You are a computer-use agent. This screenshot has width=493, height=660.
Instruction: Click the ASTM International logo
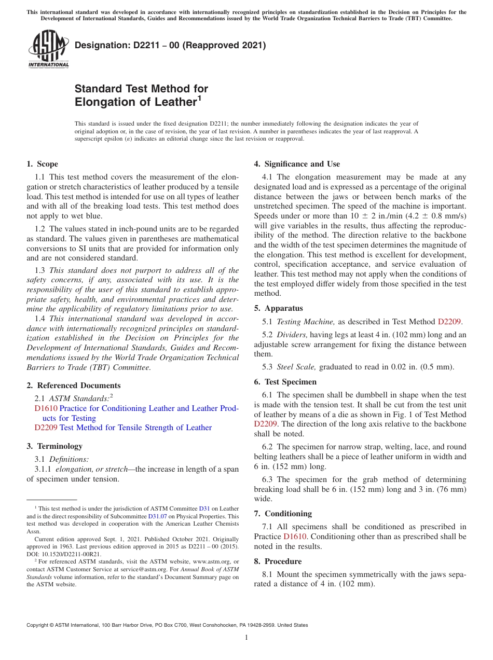pyautogui.click(x=48, y=49)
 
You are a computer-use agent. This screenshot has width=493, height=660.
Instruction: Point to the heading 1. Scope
pyautogui.click(x=42, y=164)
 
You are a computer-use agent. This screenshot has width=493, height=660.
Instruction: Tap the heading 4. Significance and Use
pyautogui.click(x=297, y=164)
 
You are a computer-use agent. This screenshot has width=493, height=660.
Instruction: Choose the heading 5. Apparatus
pyautogui.click(x=278, y=308)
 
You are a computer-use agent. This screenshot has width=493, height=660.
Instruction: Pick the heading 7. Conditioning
pyautogui.click(x=283, y=514)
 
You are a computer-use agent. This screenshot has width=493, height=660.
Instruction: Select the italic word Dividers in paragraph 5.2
pyautogui.click(x=292, y=335)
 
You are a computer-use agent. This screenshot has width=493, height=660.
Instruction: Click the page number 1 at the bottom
pyautogui.click(x=246, y=638)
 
